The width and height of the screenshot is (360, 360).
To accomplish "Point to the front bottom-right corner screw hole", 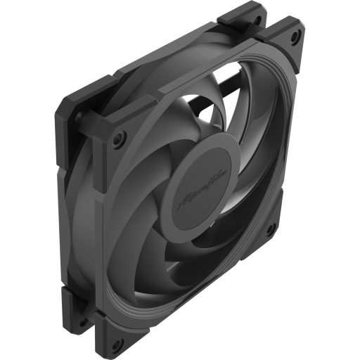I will (x=269, y=229).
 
